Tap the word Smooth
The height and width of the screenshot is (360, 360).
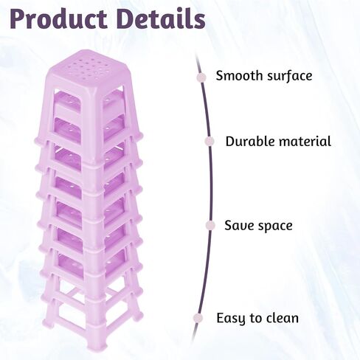pyautogui.click(x=239, y=75)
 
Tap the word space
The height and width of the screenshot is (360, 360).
pyautogui.click(x=273, y=226)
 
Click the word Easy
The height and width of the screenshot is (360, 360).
pyautogui.click(x=231, y=319)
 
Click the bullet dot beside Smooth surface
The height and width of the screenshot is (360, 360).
pyautogui.click(x=201, y=77)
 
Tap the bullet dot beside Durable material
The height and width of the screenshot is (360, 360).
pyautogui.click(x=210, y=141)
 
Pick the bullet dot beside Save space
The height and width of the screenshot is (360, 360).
pyautogui.click(x=210, y=226)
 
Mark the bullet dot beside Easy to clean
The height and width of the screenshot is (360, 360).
pyautogui.click(x=198, y=318)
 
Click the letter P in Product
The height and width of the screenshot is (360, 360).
pyautogui.click(x=18, y=18)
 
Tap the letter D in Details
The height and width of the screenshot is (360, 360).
pyautogui.click(x=126, y=18)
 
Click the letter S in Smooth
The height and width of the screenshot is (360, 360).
pyautogui.click(x=219, y=75)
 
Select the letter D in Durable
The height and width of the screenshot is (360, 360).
pyautogui.click(x=229, y=142)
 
